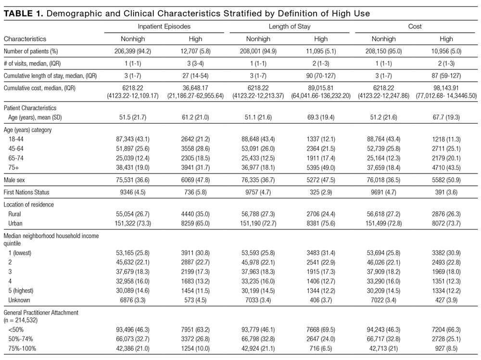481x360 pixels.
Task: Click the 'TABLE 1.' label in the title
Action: click(x=23, y=13)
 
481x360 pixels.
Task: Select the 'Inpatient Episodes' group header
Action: click(x=164, y=26)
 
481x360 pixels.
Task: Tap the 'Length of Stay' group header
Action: click(x=290, y=26)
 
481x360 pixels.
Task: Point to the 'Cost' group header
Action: click(x=415, y=26)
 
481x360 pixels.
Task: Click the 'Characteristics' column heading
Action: click(x=25, y=39)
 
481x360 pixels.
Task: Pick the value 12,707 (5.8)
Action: click(x=195, y=51)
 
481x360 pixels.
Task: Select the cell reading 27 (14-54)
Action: click(x=195, y=76)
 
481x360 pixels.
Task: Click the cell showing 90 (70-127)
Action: click(x=321, y=76)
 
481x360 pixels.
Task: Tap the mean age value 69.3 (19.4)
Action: click(x=321, y=117)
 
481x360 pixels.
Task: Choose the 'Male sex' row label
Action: click(x=14, y=180)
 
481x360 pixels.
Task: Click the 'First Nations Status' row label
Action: click(x=26, y=193)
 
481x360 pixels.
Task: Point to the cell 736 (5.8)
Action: click(x=195, y=193)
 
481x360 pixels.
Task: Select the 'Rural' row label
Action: click(x=15, y=214)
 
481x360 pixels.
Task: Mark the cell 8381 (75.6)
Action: click(x=321, y=223)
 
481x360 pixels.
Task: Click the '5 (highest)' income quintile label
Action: click(x=21, y=291)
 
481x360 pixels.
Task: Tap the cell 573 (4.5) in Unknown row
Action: click(x=195, y=300)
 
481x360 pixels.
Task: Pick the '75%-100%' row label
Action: click(x=22, y=348)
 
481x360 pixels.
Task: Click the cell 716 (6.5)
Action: click(x=321, y=348)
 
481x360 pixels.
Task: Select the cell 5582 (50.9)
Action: click(x=446, y=180)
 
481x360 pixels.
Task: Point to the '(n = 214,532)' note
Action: click(x=21, y=321)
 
